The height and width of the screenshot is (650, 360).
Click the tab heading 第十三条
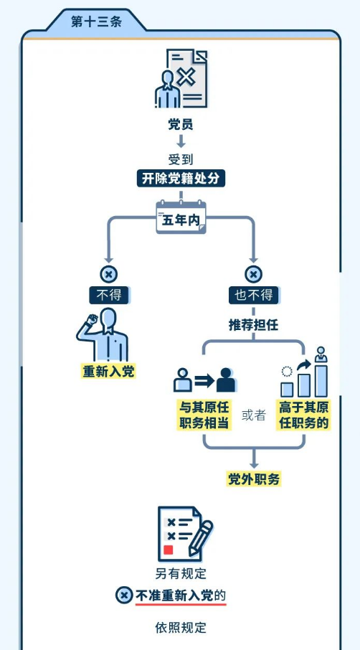(x=96, y=22)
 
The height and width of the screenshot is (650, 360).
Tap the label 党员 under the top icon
(x=181, y=124)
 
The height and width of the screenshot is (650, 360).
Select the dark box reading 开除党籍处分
(x=181, y=178)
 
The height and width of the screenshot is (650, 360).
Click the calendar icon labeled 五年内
(x=181, y=217)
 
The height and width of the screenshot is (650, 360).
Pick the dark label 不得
(x=108, y=295)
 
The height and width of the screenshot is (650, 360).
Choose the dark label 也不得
(x=254, y=295)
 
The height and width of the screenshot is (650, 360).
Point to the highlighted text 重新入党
(x=108, y=372)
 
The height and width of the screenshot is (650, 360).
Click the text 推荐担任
(x=254, y=325)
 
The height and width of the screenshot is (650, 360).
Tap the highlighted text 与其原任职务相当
(x=204, y=415)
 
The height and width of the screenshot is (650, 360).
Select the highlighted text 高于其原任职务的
(x=303, y=415)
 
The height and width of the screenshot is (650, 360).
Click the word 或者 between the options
(x=254, y=415)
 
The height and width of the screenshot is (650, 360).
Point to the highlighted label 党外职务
(x=254, y=479)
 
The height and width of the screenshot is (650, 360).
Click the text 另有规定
(x=181, y=574)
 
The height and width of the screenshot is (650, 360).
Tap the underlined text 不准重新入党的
(x=181, y=595)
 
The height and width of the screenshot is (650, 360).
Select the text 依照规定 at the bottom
(x=181, y=628)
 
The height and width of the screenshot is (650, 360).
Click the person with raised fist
(x=103, y=335)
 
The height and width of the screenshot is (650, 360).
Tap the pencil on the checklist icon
(x=201, y=538)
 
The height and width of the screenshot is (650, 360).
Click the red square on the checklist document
(x=168, y=550)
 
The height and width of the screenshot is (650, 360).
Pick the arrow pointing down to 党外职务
(x=254, y=458)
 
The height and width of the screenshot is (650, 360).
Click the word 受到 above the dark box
(x=181, y=159)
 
